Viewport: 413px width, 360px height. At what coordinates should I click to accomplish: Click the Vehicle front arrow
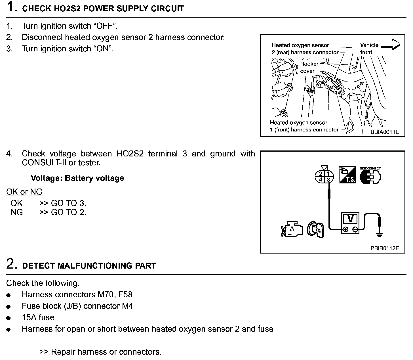pyautogui.click(x=390, y=45)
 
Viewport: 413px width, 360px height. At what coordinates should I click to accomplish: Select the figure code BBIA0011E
pyautogui.click(x=385, y=132)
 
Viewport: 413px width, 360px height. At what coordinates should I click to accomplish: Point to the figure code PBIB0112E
pyautogui.click(x=385, y=248)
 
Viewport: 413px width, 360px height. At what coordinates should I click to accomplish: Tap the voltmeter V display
pyautogui.click(x=351, y=219)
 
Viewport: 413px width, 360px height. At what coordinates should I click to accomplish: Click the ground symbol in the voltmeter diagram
pyautogui.click(x=380, y=234)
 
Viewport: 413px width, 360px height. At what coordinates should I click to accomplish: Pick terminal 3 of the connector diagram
pyautogui.click(x=328, y=180)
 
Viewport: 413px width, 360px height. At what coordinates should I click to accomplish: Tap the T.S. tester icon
pyautogui.click(x=347, y=175)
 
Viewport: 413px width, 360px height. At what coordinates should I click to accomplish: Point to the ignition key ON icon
pyautogui.click(x=315, y=229)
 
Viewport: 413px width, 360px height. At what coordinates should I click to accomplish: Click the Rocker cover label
pyautogui.click(x=309, y=68)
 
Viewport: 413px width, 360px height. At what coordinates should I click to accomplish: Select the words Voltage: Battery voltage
pyautogui.click(x=77, y=178)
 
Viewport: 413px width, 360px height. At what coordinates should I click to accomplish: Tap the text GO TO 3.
pyautogui.click(x=69, y=203)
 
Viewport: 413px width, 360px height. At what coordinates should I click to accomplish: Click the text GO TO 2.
pyautogui.click(x=69, y=212)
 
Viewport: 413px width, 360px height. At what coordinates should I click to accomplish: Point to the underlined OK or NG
pyautogui.click(x=24, y=192)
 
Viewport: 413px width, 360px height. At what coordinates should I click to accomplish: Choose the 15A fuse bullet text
pyautogui.click(x=38, y=317)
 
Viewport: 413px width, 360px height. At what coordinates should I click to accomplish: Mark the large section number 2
pyautogui.click(x=10, y=264)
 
